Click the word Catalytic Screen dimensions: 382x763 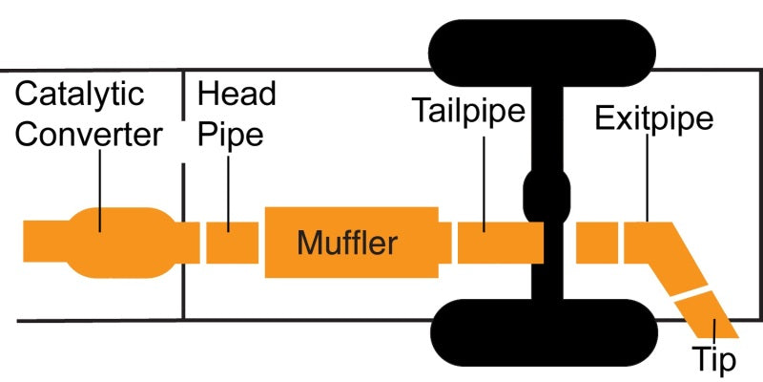coord(80,95)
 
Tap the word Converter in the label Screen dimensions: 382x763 coord(90,135)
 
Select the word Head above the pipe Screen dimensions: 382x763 coord(236,95)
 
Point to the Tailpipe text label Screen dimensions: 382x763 coord(468,112)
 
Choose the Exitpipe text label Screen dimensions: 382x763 coord(654,119)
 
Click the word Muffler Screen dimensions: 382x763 coord(346,243)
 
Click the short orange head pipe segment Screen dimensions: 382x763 coord(232,242)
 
